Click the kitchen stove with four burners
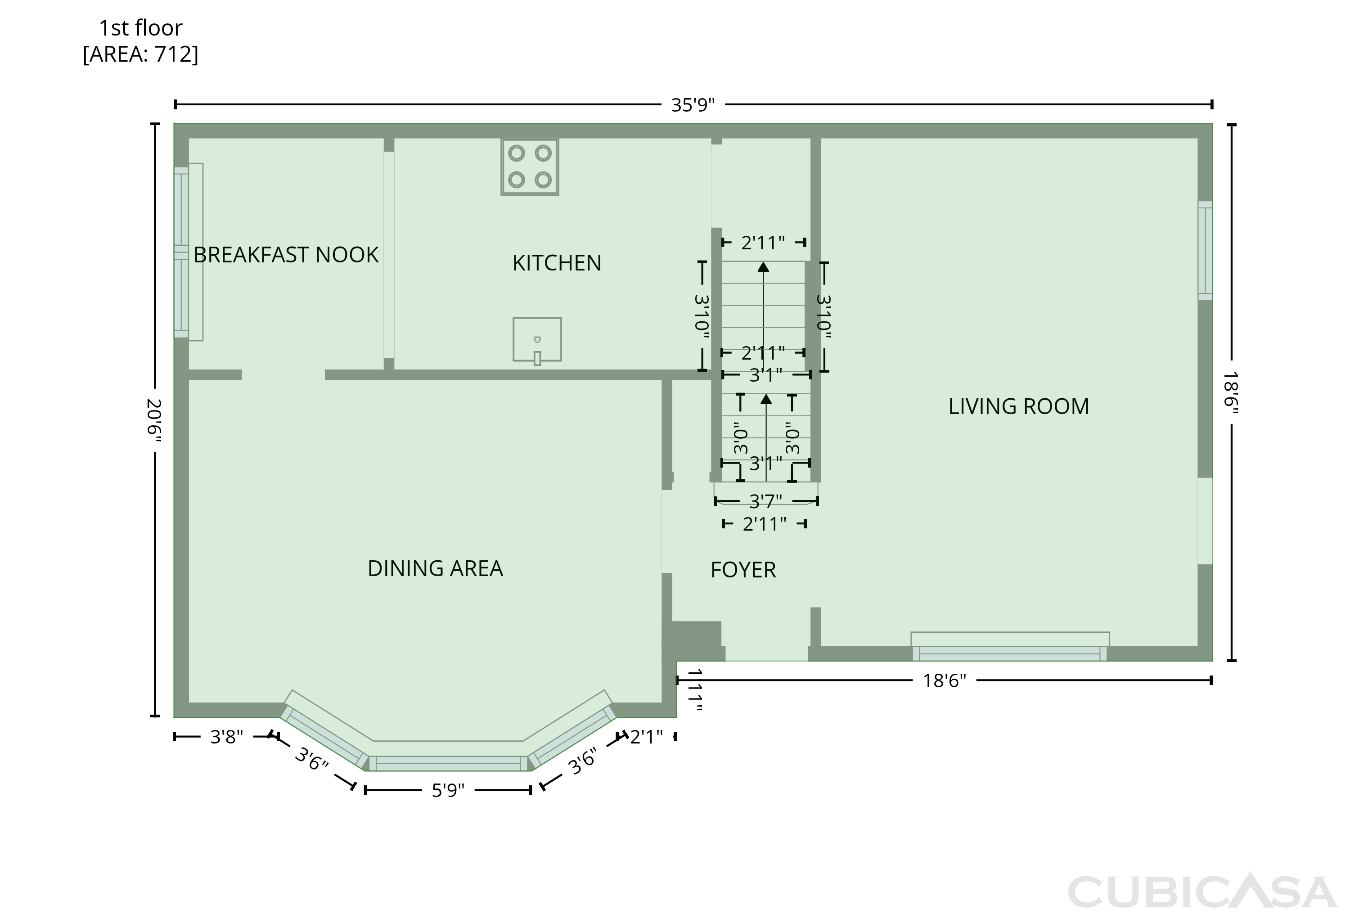[530, 167]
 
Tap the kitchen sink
[537, 340]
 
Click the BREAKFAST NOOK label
[286, 255]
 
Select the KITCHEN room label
[557, 263]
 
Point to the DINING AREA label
[435, 569]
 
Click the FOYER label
[743, 571]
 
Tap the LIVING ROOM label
[1018, 407]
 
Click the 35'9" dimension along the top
[693, 105]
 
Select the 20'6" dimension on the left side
[154, 419]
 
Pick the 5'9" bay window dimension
[448, 791]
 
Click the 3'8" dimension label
[226, 737]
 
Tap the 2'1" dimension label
[646, 737]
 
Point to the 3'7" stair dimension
[765, 501]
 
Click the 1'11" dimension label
[695, 689]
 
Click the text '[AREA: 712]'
[140, 54]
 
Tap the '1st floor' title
[140, 28]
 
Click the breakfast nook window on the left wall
[182, 252]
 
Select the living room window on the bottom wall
[1010, 653]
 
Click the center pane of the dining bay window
[448, 763]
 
